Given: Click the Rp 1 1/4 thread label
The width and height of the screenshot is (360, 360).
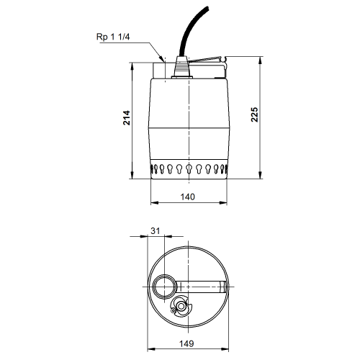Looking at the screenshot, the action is point(113,37).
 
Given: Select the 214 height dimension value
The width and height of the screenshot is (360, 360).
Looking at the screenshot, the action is point(127,117).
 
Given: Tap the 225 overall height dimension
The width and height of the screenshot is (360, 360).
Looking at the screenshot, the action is point(254,114).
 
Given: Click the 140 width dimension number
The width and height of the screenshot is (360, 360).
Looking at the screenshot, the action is point(188,197).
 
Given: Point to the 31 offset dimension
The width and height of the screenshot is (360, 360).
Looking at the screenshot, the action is point(155,230).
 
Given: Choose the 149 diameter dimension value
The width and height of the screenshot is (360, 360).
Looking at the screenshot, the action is point(186,343).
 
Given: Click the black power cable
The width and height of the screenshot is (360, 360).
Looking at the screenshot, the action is point(192,31).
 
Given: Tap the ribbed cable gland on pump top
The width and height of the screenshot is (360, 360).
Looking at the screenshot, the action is point(182,67).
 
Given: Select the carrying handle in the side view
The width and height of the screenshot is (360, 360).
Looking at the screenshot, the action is point(208,63).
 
